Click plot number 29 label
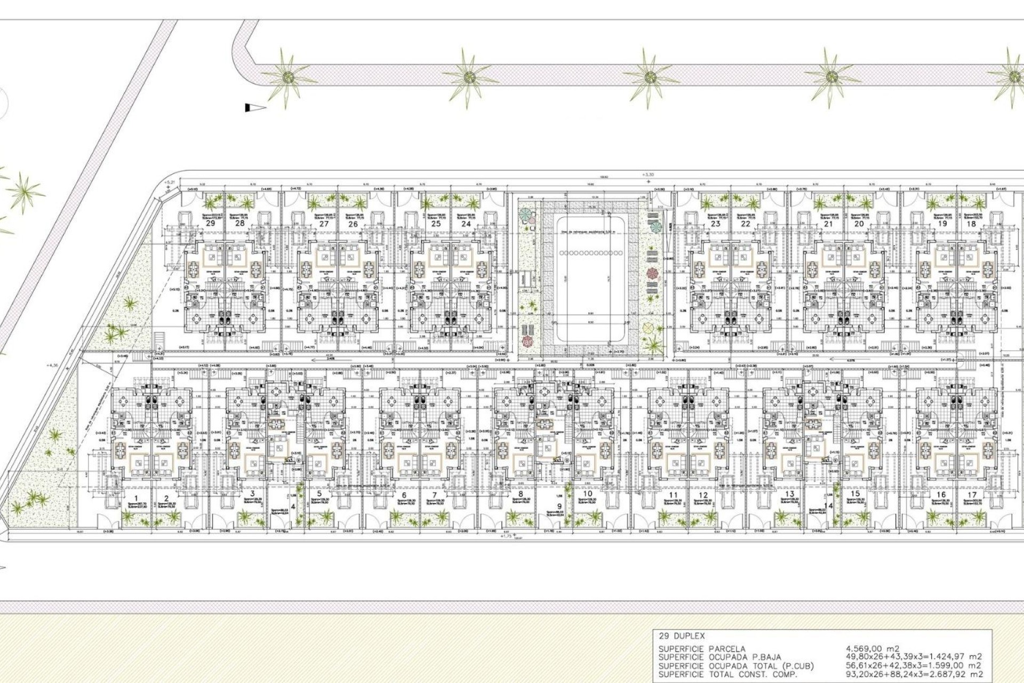pyautogui.click(x=211, y=223)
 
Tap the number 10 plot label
pyautogui.click(x=587, y=494)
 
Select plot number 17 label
pyautogui.click(x=972, y=495)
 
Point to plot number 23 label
pyautogui.click(x=716, y=224)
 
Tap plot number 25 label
pyautogui.click(x=436, y=224)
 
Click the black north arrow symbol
pyautogui.click(x=255, y=108)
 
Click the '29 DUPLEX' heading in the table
pyautogui.click(x=682, y=636)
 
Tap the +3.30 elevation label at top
pyautogui.click(x=649, y=174)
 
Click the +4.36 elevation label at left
pyautogui.click(x=53, y=366)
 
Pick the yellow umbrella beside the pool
pyautogui.click(x=648, y=327)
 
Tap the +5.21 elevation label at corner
pyautogui.click(x=170, y=182)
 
